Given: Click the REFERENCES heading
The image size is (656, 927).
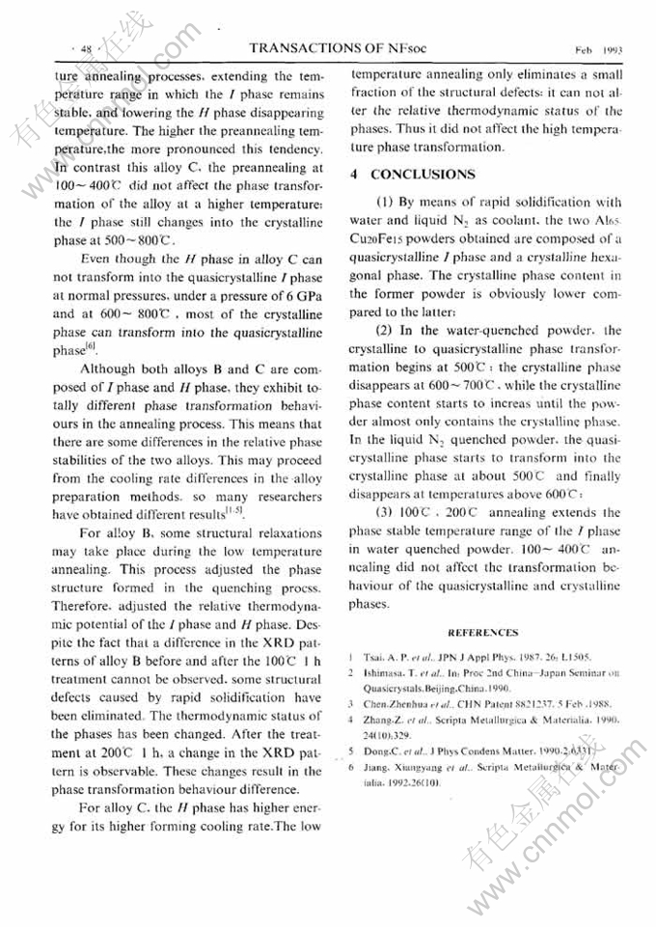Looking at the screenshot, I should tap(483, 633).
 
